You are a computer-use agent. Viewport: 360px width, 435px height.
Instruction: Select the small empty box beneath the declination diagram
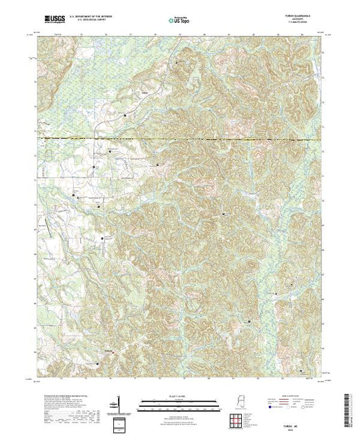pyautogui.click(x=120, y=422)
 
